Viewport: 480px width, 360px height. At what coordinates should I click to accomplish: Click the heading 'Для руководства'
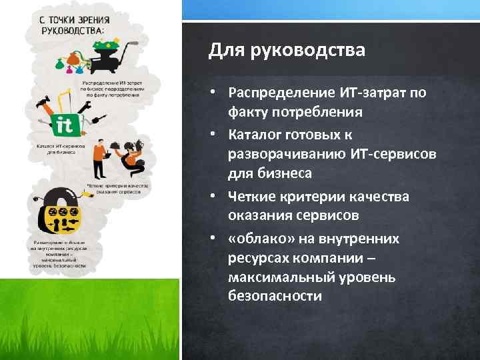coord(287,51)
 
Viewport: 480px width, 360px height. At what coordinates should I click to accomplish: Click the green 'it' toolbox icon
coord(65,125)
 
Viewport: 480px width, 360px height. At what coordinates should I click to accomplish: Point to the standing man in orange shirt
coord(99,151)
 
